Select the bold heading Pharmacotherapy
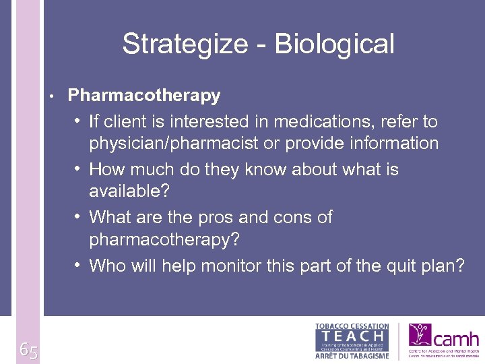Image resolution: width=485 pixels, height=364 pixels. pyautogui.click(x=144, y=96)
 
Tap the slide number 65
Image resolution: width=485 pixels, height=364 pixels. pyautogui.click(x=28, y=350)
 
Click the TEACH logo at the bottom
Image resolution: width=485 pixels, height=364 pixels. pyautogui.click(x=352, y=336)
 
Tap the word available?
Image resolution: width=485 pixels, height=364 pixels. pyautogui.click(x=129, y=191)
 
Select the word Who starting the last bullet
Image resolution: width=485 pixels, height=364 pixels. pyautogui.click(x=108, y=266)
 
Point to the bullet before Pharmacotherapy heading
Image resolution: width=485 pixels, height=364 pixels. pyautogui.click(x=52, y=96)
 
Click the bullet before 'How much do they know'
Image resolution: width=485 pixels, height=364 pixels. pyautogui.click(x=79, y=169)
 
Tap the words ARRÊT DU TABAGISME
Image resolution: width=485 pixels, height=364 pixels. pyautogui.click(x=352, y=355)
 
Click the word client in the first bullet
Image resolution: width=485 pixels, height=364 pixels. pyautogui.click(x=127, y=122)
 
